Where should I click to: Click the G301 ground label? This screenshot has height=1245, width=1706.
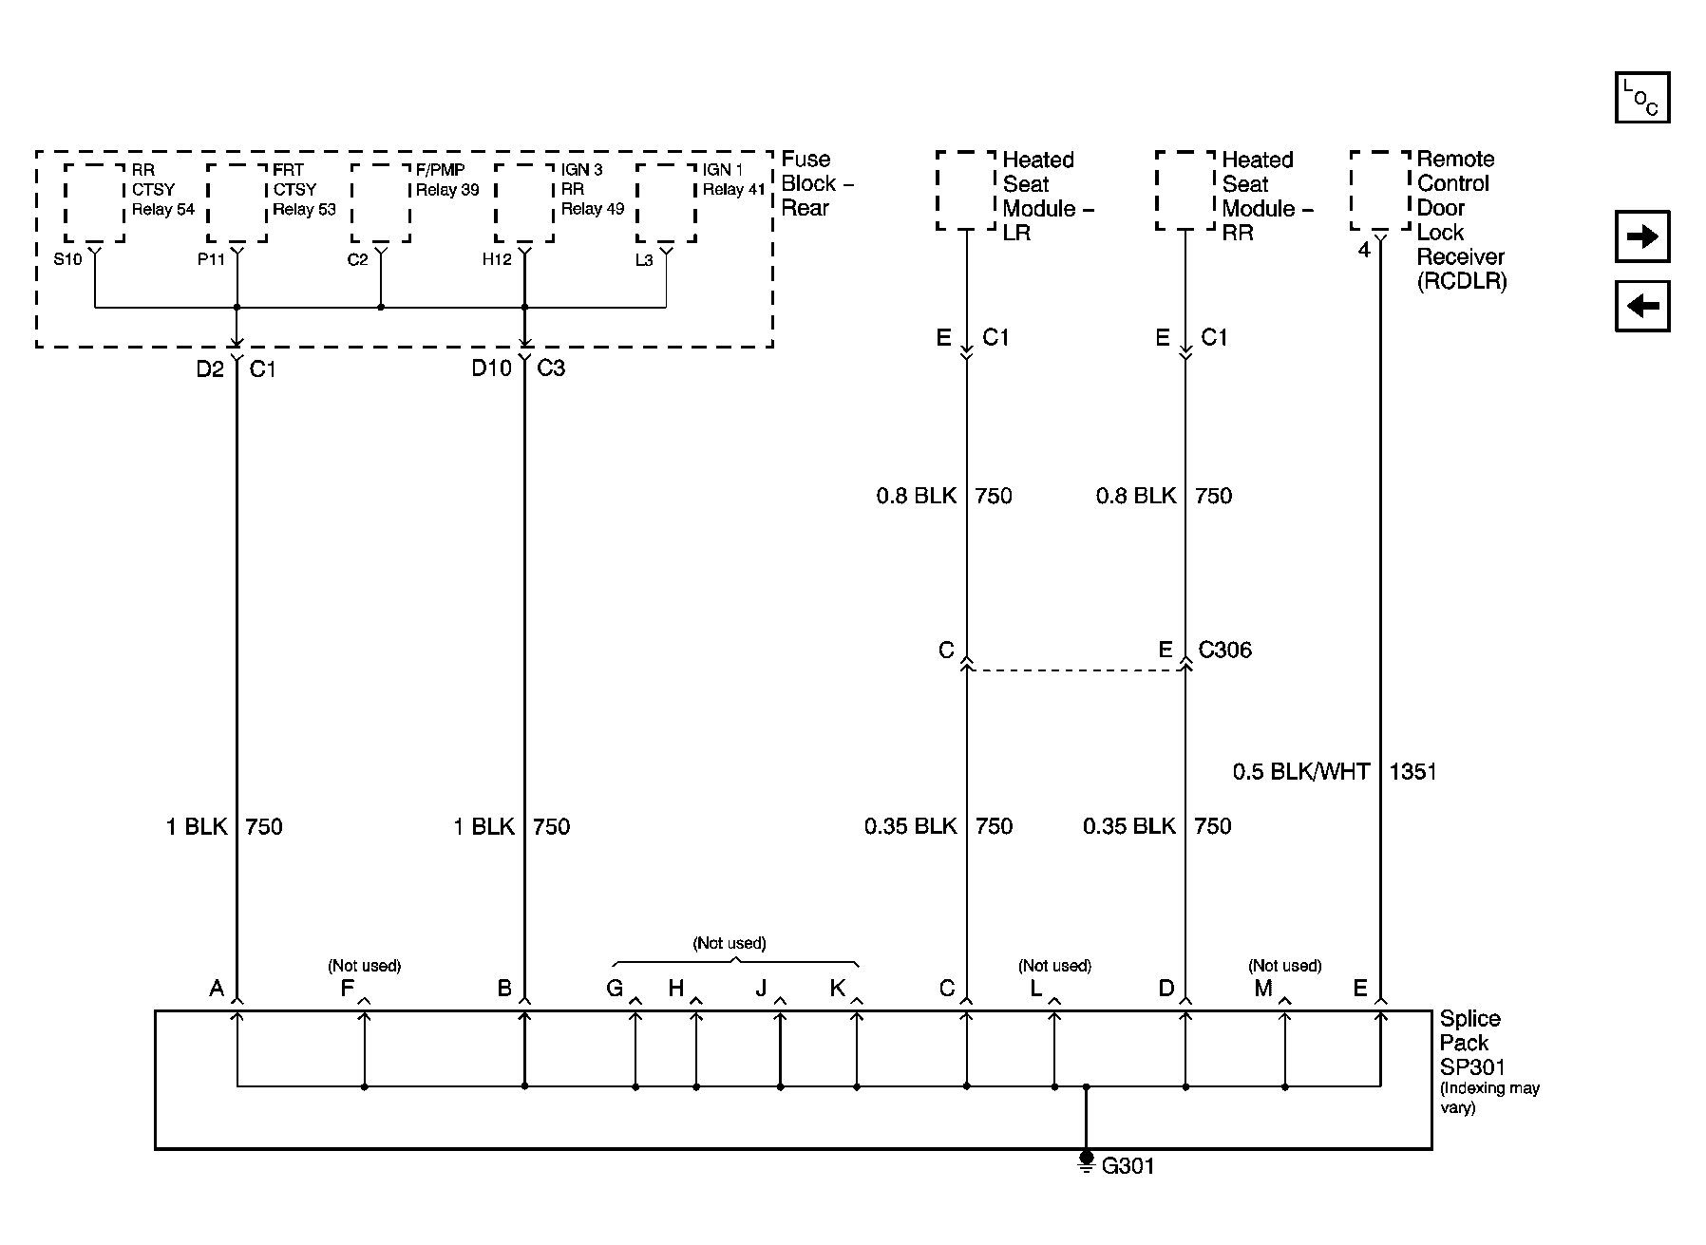pyautogui.click(x=1128, y=1165)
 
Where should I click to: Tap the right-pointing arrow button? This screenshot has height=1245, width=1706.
pyautogui.click(x=1642, y=236)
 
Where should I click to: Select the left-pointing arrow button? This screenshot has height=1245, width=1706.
pyautogui.click(x=1642, y=306)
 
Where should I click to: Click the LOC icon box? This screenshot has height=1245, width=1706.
pyautogui.click(x=1642, y=98)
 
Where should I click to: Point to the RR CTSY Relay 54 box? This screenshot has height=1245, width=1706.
pyautogui.click(x=94, y=202)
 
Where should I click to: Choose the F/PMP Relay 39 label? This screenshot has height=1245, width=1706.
pyautogui.click(x=446, y=179)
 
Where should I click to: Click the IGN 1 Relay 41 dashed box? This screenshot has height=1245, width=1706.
pyautogui.click(x=666, y=202)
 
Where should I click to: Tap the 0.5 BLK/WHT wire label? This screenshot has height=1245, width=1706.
pyautogui.click(x=1301, y=771)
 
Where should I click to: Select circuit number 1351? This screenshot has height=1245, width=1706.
pyautogui.click(x=1412, y=771)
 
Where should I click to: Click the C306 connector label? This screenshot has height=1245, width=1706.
pyautogui.click(x=1224, y=651)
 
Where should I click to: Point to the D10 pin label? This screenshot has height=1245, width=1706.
pyautogui.click(x=491, y=368)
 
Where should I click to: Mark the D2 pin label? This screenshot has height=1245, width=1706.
pyautogui.click(x=210, y=368)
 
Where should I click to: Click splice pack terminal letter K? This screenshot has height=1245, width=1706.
pyautogui.click(x=837, y=989)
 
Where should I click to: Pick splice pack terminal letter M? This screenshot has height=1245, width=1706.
pyautogui.click(x=1262, y=989)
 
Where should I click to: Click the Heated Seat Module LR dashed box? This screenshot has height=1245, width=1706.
pyautogui.click(x=966, y=190)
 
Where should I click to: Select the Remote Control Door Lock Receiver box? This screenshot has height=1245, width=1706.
pyautogui.click(x=1380, y=190)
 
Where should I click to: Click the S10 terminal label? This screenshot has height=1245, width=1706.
pyautogui.click(x=67, y=259)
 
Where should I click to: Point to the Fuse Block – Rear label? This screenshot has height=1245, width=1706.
pyautogui.click(x=817, y=183)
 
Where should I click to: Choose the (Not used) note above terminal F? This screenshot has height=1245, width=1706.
pyautogui.click(x=365, y=966)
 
